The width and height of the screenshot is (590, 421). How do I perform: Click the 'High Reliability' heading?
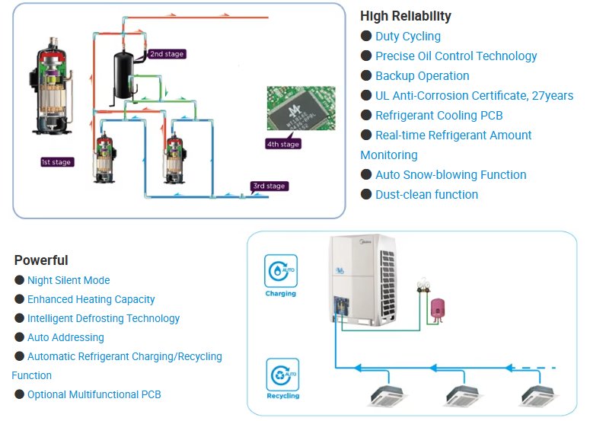(x=406, y=16)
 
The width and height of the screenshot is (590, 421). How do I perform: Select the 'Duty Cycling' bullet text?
(x=407, y=36)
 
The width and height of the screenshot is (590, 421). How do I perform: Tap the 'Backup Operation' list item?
(x=422, y=75)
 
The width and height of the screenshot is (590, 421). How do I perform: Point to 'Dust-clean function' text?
(x=426, y=194)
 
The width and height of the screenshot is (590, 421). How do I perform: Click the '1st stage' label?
(x=57, y=162)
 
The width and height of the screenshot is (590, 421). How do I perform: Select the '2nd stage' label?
(x=166, y=54)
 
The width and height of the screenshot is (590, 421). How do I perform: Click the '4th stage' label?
(x=283, y=144)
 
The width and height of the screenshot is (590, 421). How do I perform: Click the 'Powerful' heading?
(x=41, y=260)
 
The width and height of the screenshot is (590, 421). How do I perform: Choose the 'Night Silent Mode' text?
(x=69, y=280)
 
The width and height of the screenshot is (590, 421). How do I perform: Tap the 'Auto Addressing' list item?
(x=65, y=337)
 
